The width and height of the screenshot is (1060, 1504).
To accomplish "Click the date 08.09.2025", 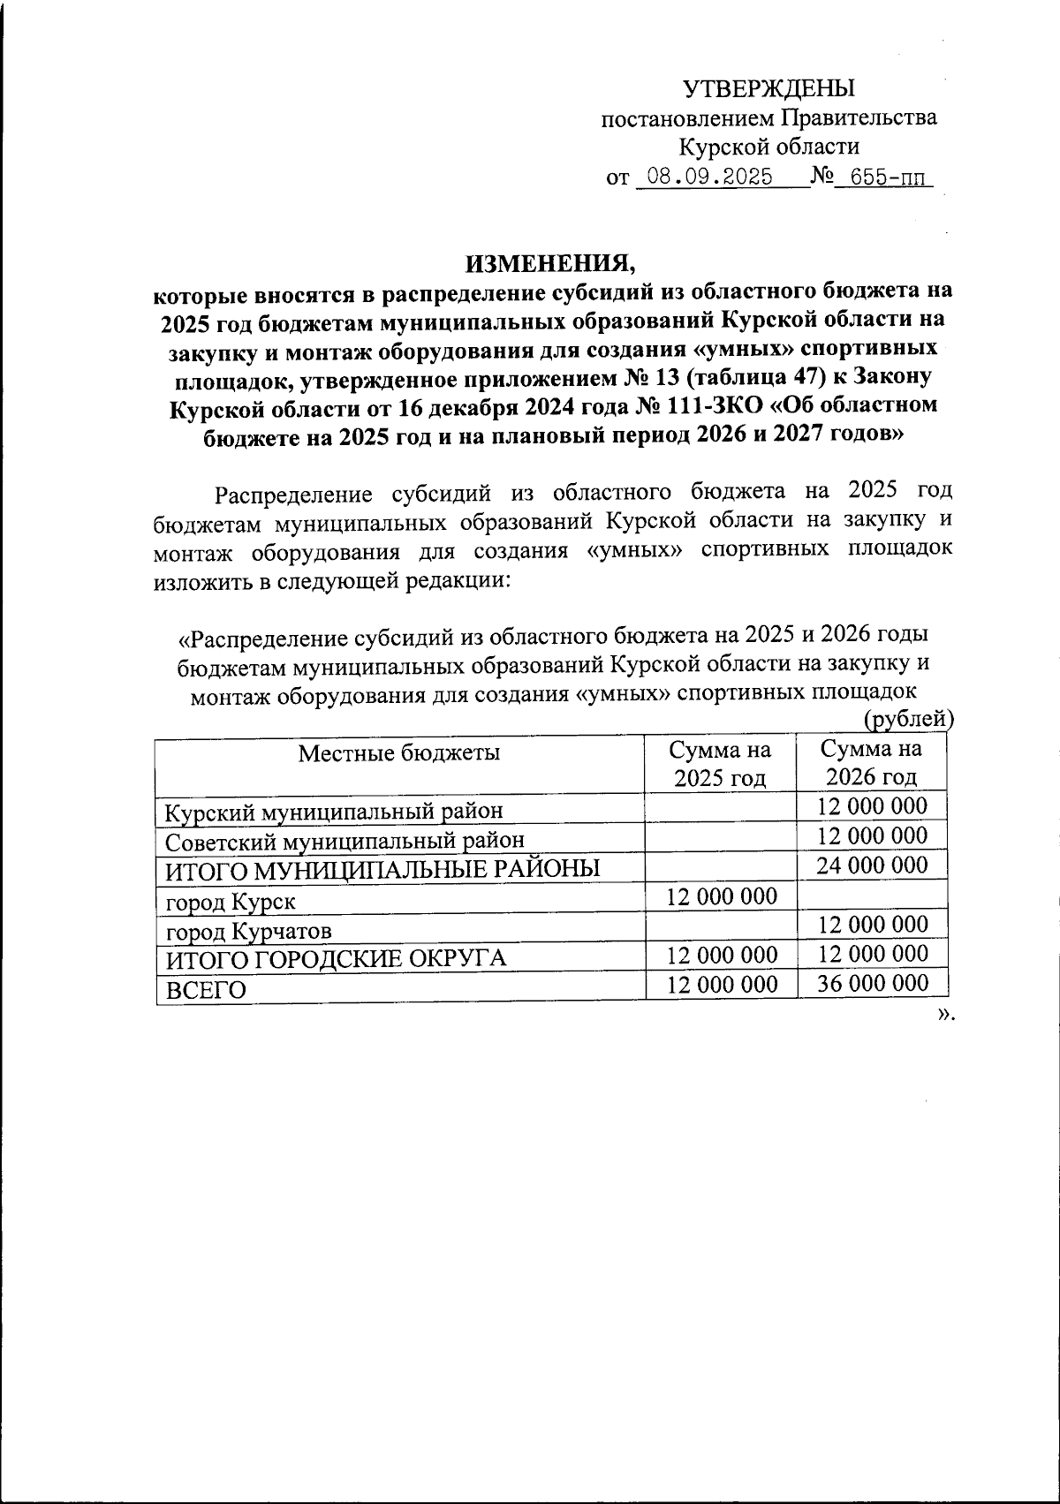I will point(709,177).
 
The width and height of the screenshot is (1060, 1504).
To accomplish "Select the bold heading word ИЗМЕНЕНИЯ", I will point(549,262).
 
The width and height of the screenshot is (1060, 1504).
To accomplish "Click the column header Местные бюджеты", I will point(399,752).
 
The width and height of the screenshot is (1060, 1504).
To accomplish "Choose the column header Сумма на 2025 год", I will point(720,764).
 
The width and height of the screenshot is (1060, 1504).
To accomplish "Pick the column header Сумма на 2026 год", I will point(871,764).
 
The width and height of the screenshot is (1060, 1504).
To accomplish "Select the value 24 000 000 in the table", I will point(871,865).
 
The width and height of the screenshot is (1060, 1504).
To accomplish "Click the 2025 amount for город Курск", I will point(722,897).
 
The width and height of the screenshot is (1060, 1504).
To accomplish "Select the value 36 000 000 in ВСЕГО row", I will point(871,984).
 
